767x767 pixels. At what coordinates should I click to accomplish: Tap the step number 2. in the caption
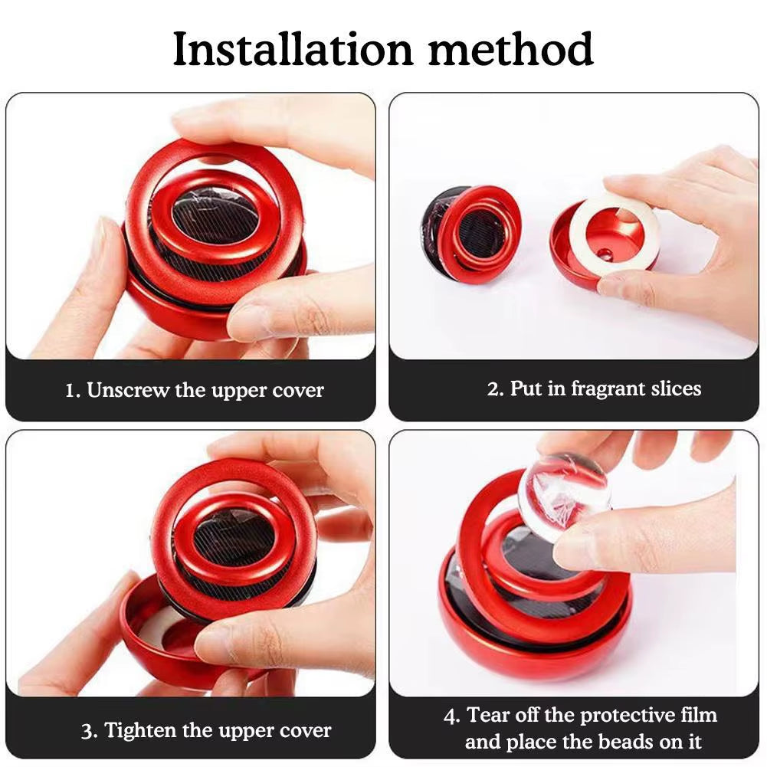495,388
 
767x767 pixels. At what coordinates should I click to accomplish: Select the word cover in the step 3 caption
304,730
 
